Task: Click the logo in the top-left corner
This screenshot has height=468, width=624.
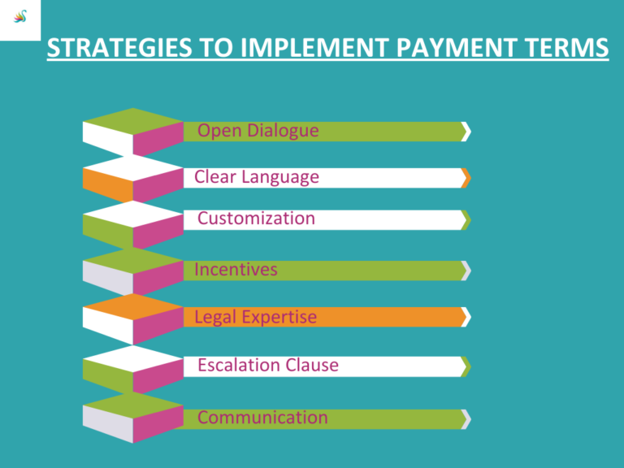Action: point(21,20)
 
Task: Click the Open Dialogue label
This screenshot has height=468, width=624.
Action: point(258,131)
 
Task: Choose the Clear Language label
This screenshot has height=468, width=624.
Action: point(257,177)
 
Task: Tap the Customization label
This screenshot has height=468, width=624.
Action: point(256,219)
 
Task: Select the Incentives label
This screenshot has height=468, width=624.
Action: point(236,270)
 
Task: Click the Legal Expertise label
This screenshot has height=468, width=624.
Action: point(255,317)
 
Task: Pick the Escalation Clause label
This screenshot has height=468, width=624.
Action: point(267,366)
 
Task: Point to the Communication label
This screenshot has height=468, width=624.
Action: point(262,418)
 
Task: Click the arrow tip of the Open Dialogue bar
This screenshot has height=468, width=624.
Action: point(466,132)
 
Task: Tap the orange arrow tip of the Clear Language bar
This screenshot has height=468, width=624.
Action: point(466,178)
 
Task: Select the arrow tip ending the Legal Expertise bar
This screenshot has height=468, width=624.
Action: point(466,317)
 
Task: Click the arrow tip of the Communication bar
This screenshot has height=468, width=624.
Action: point(466,418)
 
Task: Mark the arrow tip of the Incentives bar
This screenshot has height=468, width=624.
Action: point(466,271)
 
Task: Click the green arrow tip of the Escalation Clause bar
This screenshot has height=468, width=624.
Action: point(466,366)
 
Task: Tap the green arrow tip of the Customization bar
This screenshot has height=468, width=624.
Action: point(466,219)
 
